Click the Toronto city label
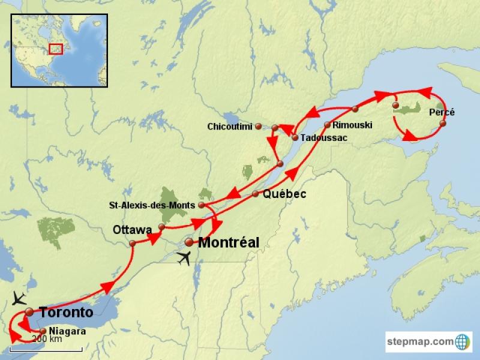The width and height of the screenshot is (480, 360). click(66, 312)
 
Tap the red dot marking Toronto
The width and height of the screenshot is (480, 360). click(29, 311)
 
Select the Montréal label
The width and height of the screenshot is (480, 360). click(229, 243)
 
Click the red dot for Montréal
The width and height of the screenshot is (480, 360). click(189, 242)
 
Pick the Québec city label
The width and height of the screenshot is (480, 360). click(284, 194)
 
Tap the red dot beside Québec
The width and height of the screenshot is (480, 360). click(256, 194)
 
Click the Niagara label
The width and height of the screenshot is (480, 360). click(67, 331)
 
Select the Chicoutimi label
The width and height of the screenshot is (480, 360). click(230, 127)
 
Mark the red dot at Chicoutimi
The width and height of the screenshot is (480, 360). click(258, 127)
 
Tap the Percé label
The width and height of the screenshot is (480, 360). click(442, 112)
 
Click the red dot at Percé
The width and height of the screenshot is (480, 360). click(443, 124)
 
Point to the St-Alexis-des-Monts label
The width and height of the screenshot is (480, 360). click(152, 205)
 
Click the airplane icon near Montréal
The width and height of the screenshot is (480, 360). click(185, 259)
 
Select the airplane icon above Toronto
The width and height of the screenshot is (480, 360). click(19, 298)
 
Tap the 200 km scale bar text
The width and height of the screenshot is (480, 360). click(46, 339)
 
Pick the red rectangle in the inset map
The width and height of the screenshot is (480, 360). click(56, 48)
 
